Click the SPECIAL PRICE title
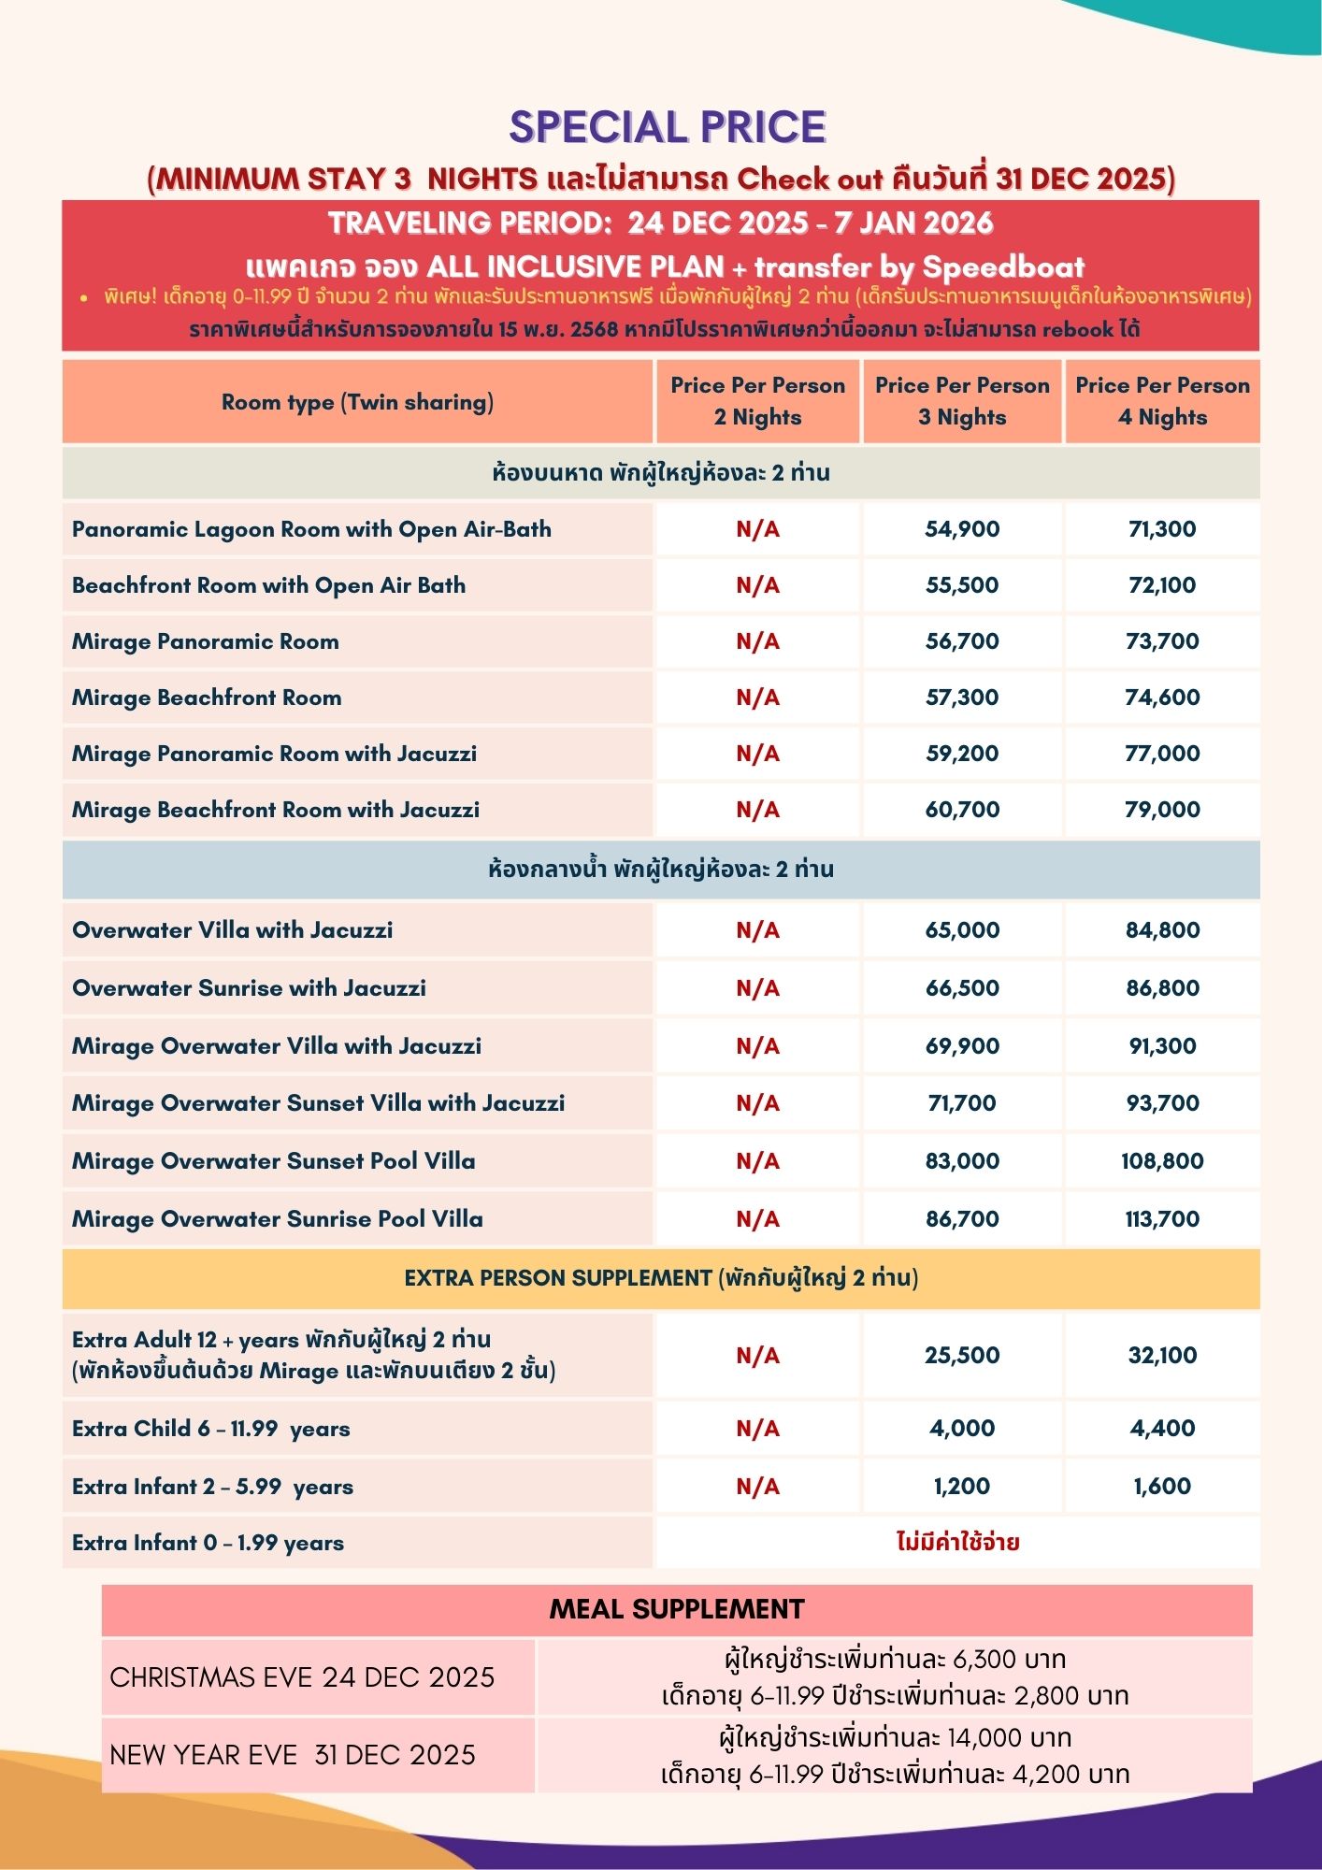pos(668,127)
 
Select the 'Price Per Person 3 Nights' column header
pos(962,401)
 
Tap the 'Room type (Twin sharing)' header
pos(357,402)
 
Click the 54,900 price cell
pos(962,529)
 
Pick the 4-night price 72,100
pos(1162,585)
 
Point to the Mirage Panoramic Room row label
pos(206,641)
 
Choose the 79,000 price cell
pos(1162,810)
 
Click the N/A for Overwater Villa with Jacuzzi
pos(757,930)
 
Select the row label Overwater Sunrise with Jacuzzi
pos(249,988)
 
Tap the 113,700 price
pos(1162,1219)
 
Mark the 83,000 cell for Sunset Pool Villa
pos(962,1161)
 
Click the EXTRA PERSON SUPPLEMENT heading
pos(661,1278)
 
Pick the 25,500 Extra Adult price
pos(962,1356)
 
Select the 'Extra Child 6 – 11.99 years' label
pos(211,1429)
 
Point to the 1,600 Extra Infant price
pos(1162,1487)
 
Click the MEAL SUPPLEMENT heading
pos(677,1609)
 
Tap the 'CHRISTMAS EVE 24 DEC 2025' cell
pos(302,1677)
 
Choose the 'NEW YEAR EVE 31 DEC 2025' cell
pos(293,1755)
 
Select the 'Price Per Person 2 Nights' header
pos(757,401)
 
